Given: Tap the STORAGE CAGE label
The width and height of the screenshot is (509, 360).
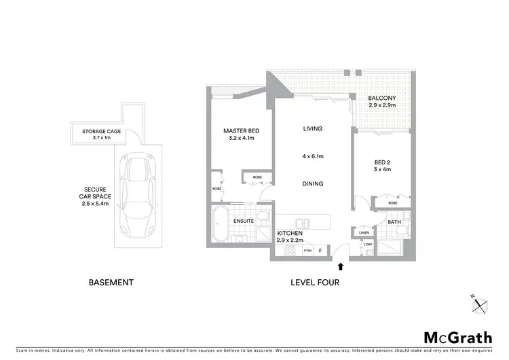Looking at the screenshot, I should (101, 131).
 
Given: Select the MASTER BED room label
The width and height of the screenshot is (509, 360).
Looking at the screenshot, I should (241, 131).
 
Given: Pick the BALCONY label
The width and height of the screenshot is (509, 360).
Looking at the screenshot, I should (383, 98).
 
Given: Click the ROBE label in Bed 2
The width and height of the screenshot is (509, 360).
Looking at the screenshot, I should (393, 202).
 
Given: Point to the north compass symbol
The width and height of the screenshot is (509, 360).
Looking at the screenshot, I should (480, 304).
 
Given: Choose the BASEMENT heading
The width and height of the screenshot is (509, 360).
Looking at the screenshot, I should (111, 283).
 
